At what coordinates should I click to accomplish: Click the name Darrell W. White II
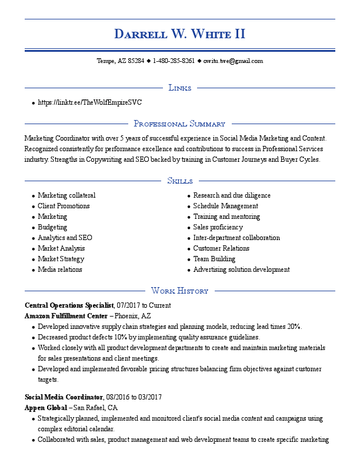(179, 34)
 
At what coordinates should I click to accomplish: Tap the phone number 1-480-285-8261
(174, 61)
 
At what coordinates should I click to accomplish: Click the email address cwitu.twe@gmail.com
(233, 61)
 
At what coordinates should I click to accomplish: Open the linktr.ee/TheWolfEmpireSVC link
(89, 102)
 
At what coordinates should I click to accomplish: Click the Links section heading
(179, 88)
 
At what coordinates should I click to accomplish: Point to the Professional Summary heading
(179, 124)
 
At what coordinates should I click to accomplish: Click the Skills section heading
(179, 181)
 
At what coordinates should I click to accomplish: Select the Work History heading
(179, 291)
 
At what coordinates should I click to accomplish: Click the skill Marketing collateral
(66, 195)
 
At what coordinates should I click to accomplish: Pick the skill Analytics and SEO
(65, 238)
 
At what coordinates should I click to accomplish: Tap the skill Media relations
(60, 269)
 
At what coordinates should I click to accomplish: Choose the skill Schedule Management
(225, 206)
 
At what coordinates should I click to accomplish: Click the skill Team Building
(214, 259)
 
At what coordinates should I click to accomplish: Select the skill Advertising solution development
(241, 269)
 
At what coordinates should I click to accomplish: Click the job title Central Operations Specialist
(69, 305)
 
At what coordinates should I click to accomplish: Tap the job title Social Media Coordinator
(64, 397)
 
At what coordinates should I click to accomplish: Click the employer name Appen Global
(45, 408)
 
